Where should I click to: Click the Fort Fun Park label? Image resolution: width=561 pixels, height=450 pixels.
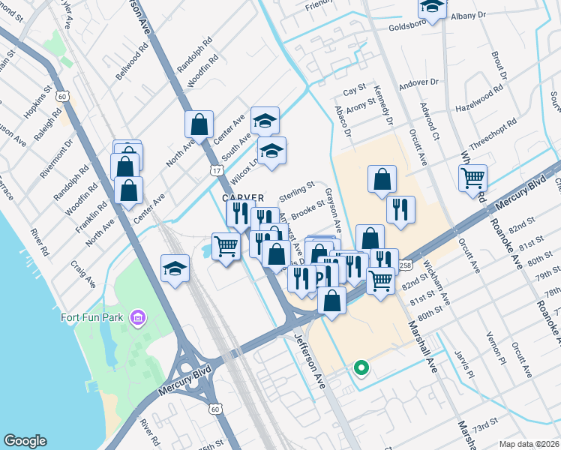tap(91, 316)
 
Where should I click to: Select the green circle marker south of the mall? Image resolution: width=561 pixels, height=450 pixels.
tap(361, 367)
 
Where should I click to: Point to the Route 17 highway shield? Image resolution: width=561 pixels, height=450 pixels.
tap(216, 171)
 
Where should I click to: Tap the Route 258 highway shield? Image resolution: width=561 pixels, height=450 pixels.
tap(405, 265)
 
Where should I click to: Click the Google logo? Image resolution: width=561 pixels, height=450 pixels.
tap(25, 441)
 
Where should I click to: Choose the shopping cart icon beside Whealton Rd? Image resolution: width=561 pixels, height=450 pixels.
tap(473, 178)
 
